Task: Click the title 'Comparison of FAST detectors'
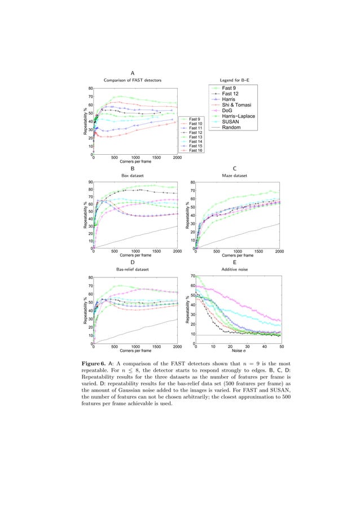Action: coord(132,81)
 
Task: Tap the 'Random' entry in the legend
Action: coord(232,128)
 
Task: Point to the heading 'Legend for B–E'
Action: coord(235,81)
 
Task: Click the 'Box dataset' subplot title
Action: coord(132,176)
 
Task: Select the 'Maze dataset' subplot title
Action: coord(234,176)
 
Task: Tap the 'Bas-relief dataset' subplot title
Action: coord(132,270)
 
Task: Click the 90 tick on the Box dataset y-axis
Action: coord(90,182)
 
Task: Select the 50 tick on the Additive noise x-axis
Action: coord(281,346)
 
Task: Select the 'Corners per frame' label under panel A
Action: coord(134,162)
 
